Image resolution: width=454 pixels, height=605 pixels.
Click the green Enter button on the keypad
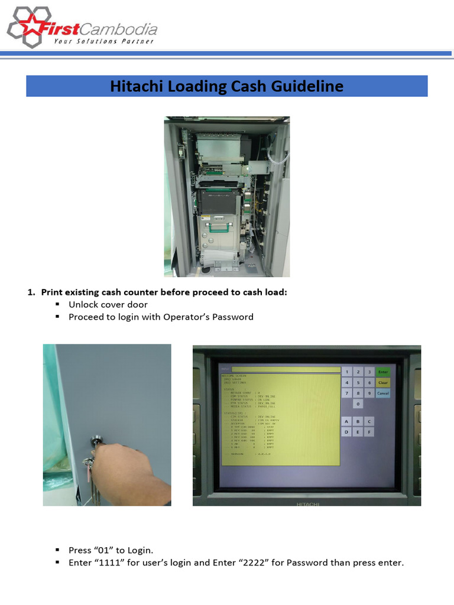tap(382, 372)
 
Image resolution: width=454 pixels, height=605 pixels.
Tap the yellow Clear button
tap(382, 382)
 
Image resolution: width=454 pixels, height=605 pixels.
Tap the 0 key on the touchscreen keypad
tap(357, 404)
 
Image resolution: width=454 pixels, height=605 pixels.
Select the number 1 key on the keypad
tap(346, 372)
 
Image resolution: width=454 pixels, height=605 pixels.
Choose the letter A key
tap(346, 421)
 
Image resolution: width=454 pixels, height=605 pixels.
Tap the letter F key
tap(368, 432)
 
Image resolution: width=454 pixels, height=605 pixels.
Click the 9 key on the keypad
tap(368, 393)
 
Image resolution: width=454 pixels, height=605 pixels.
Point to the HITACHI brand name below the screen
tap(307, 504)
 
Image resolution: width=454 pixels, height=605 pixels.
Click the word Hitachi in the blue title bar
tap(137, 86)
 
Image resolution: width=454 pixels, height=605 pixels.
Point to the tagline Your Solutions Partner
tap(104, 41)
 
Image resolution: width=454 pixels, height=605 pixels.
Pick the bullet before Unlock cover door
tap(58, 304)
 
